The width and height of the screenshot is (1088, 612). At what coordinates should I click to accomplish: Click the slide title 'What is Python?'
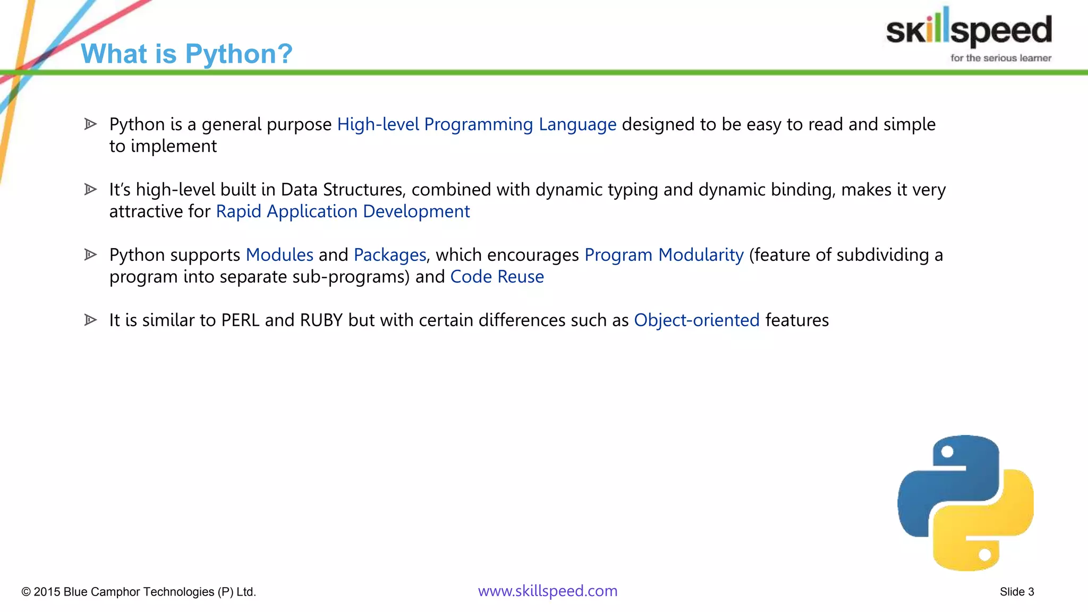click(x=186, y=54)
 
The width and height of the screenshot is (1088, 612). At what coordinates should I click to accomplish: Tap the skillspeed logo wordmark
click(x=968, y=30)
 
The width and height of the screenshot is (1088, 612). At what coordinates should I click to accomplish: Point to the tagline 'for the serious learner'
click(x=1000, y=58)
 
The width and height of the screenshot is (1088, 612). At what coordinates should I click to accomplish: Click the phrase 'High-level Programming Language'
click(x=477, y=124)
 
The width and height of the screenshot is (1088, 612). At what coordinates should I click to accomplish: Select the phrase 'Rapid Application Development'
click(x=343, y=211)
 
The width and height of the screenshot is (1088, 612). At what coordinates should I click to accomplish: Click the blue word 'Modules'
click(x=279, y=255)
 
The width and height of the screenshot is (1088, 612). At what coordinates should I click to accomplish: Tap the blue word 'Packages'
click(x=390, y=255)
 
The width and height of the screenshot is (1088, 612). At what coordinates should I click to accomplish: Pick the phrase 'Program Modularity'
click(x=664, y=255)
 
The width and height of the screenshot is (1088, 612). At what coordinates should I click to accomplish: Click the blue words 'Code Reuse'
click(x=497, y=277)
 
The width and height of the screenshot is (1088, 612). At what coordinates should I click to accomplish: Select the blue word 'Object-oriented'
click(x=696, y=320)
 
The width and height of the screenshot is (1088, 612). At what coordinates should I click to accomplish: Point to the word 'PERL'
click(x=240, y=320)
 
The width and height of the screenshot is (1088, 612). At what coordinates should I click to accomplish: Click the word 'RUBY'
click(x=321, y=320)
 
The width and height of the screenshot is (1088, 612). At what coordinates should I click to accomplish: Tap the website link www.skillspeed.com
click(x=547, y=591)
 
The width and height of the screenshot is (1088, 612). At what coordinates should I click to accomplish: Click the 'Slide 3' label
click(x=1016, y=592)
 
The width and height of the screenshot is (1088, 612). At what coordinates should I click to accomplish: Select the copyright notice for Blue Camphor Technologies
click(x=139, y=592)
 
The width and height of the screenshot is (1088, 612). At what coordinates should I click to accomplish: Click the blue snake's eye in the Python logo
click(x=947, y=452)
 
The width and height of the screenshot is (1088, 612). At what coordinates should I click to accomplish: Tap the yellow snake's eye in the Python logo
click(x=984, y=555)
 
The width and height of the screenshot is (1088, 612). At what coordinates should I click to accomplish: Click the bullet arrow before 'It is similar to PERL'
click(x=90, y=320)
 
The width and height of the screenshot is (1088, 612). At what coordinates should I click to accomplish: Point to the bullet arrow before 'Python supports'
click(x=90, y=254)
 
